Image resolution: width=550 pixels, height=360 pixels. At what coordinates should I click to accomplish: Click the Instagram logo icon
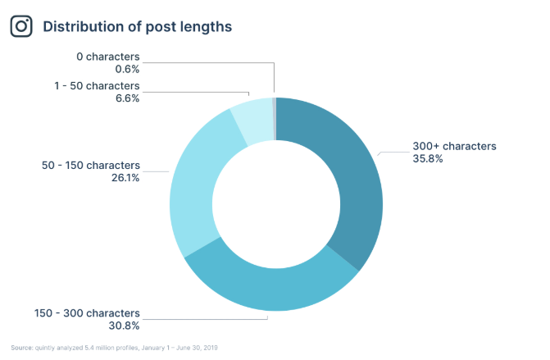(x=21, y=26)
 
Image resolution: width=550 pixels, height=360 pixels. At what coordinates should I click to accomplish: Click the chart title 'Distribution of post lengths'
(x=137, y=26)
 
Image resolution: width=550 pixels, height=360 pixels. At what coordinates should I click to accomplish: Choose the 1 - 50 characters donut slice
(x=252, y=120)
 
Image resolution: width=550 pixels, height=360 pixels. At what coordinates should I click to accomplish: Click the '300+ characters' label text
(x=454, y=146)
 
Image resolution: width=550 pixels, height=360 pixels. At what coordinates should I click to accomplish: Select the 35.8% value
(x=428, y=158)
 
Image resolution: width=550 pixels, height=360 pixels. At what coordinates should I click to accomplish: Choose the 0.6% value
(x=128, y=69)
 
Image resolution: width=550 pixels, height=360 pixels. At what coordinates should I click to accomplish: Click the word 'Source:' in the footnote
(x=21, y=348)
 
